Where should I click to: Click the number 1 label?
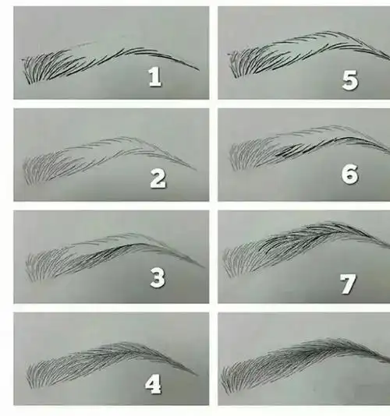[x=155, y=76]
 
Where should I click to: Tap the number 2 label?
[x=158, y=178]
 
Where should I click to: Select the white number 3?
[x=158, y=277]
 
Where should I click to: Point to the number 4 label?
[x=154, y=383]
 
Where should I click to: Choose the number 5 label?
[x=350, y=81]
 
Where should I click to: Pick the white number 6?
[x=349, y=174]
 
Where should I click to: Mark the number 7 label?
[x=348, y=284]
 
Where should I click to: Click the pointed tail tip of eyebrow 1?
[x=199, y=70]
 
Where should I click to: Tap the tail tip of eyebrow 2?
[x=197, y=170]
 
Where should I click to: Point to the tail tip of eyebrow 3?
[x=204, y=267]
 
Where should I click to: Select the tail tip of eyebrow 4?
[x=197, y=375]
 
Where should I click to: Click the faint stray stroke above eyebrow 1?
[x=83, y=44]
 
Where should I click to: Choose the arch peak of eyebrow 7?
[x=332, y=224]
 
